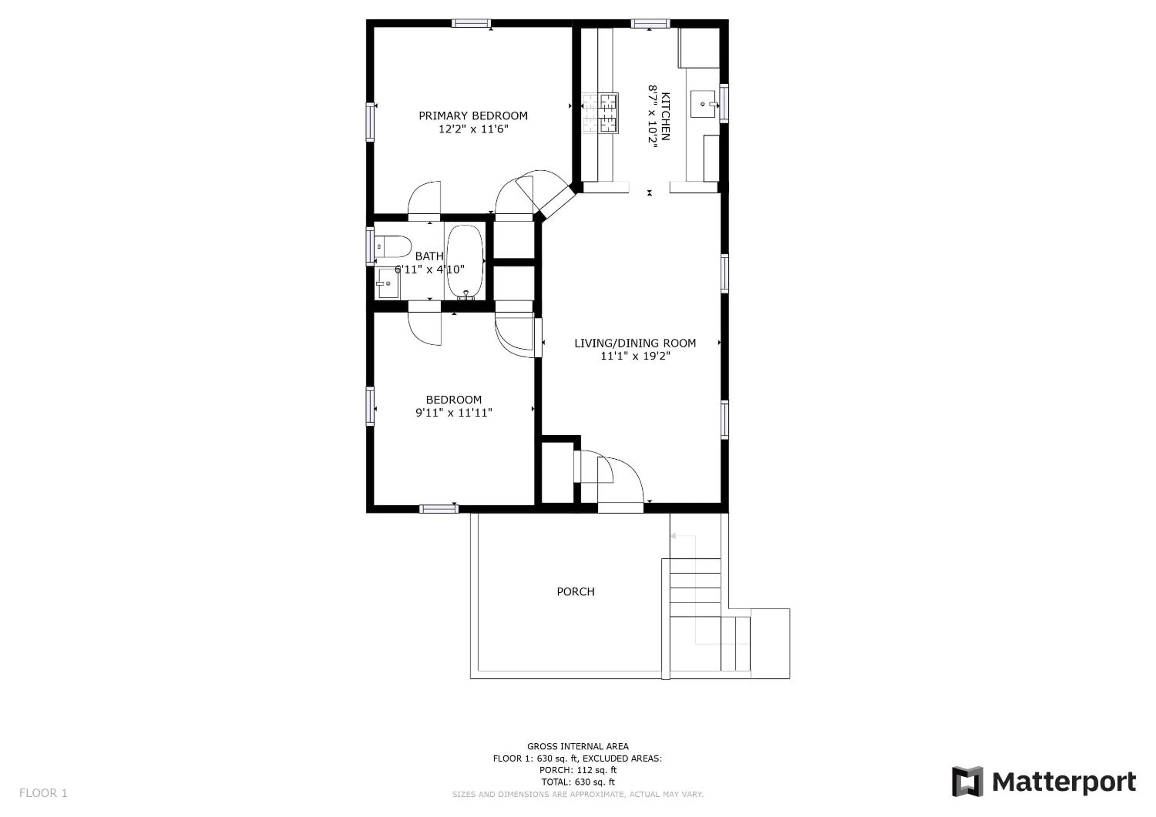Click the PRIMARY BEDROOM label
pos(473,116)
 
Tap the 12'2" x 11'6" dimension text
pos(473,129)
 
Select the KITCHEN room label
pos(665,116)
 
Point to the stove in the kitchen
pos(600,113)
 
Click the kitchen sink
pos(703,104)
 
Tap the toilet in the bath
pos(393,247)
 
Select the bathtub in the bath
pos(465,262)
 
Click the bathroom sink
pos(388,283)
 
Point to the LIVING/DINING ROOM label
pos(635,343)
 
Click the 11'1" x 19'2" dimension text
pos(635,356)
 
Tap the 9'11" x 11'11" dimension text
pos(454,413)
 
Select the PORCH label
pos(575,592)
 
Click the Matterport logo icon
pos(967,781)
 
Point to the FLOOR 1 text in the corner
pos(43,793)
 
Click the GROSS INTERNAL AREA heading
pos(577,746)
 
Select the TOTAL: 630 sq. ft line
pos(577,782)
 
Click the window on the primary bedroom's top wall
pos(471,23)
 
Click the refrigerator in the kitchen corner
pos(699,48)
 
